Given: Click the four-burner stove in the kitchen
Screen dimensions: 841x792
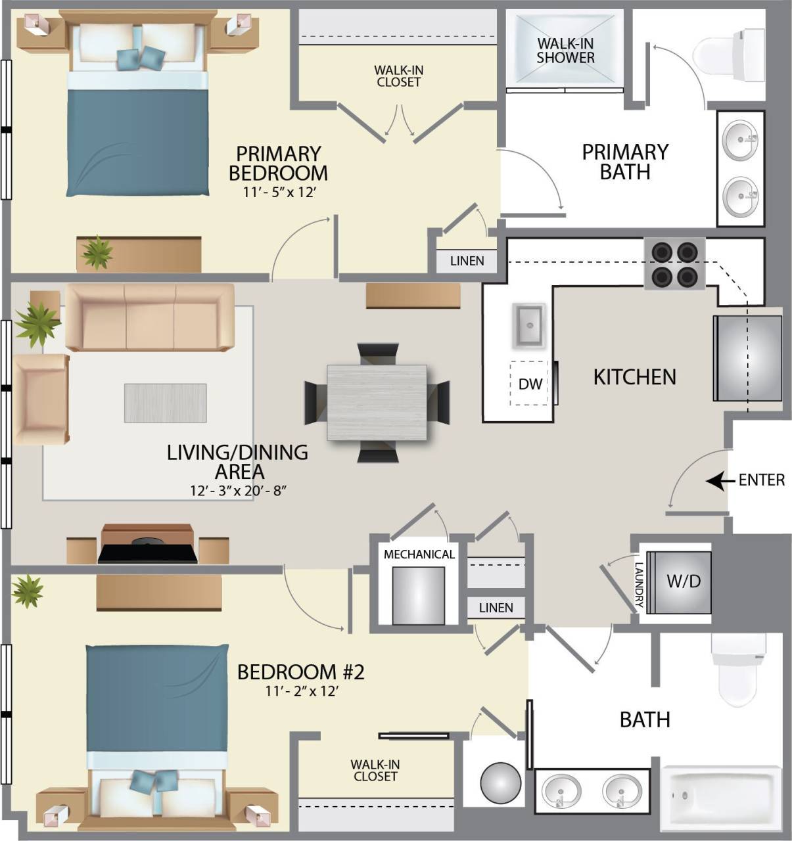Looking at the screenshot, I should click(674, 263).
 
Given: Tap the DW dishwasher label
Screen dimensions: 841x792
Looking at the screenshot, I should click(530, 384).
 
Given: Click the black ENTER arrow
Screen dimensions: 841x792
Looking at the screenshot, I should click(720, 481).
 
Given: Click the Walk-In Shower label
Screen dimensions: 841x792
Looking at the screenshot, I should click(565, 51).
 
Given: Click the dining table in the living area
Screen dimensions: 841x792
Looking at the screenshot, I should click(377, 403).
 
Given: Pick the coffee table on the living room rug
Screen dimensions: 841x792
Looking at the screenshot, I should click(166, 403).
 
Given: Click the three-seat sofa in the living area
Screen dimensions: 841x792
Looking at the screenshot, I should click(150, 317).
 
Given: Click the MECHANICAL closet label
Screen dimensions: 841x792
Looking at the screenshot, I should click(419, 554).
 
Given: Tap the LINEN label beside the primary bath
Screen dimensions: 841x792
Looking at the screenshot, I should click(467, 261).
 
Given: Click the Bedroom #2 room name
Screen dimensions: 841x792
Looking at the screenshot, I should click(300, 672).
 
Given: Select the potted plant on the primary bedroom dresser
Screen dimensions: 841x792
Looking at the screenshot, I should click(97, 252).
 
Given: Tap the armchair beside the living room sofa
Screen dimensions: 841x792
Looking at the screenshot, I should click(41, 399).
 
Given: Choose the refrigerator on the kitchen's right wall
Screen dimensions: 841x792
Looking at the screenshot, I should click(747, 358).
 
